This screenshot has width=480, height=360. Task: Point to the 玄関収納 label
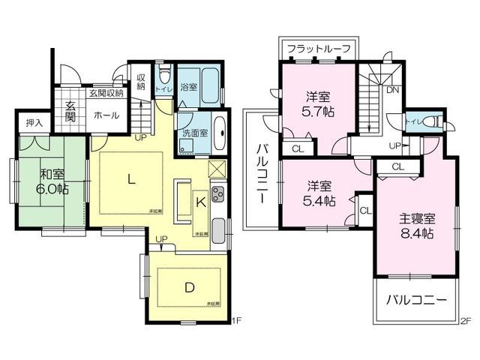106,93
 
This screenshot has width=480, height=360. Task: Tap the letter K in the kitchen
200,201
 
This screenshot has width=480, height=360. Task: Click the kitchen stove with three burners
218,196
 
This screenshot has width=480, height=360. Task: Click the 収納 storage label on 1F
141,81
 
